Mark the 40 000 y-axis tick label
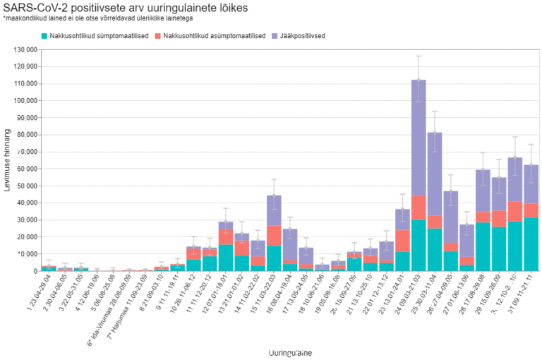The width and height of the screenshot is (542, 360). (27, 203)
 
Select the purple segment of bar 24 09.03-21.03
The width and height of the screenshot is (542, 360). (418, 138)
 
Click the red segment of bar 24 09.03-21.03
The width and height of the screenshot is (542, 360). (418, 208)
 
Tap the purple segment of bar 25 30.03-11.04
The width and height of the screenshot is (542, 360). (435, 174)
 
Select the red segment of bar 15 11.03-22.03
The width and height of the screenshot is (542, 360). (275, 236)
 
